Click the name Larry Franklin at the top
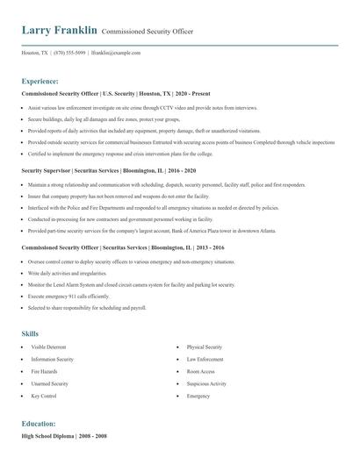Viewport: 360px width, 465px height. pos(59,31)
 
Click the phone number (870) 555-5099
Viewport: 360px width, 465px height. pos(68,53)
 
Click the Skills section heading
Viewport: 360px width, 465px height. pos(30,333)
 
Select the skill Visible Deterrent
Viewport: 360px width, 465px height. pos(49,347)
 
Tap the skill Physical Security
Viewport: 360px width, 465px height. pos(205,347)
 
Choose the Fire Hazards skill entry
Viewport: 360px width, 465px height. pos(44,372)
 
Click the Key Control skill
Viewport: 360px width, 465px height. pos(43,396)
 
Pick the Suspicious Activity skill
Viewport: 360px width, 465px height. pos(206,383)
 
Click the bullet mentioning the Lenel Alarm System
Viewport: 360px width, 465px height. pos(131,285)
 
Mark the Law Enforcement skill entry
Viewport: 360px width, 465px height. pos(205,360)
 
